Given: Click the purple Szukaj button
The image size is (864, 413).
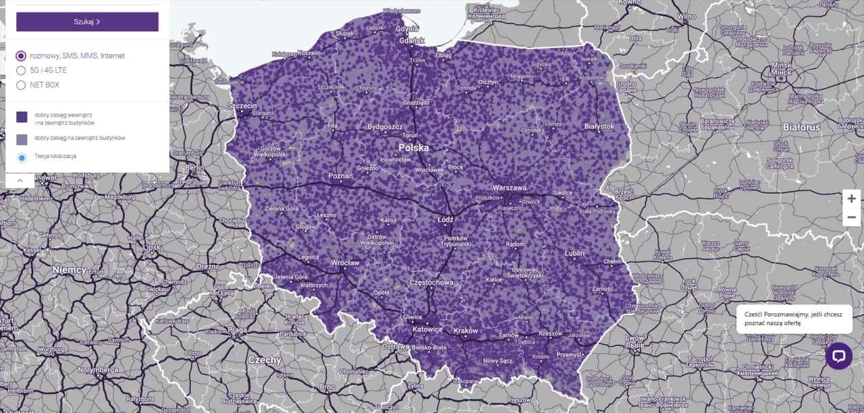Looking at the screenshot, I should click(x=87, y=22).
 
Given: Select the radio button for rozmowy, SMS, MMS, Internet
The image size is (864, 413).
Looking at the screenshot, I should click(x=21, y=56).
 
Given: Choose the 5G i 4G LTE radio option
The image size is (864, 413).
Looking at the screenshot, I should click(x=21, y=70).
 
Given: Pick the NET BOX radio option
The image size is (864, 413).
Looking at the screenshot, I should click(x=21, y=85).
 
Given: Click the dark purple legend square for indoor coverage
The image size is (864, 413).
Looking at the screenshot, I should click(x=22, y=117).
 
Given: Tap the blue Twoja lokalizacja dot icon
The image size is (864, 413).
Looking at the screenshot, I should click(x=22, y=157).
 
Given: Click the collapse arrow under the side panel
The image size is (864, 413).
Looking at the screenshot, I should click(x=20, y=180).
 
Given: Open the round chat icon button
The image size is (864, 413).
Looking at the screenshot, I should click(x=838, y=356).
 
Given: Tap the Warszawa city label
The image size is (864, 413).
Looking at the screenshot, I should click(x=510, y=188).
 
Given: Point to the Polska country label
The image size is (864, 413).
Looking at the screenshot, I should click(x=413, y=147).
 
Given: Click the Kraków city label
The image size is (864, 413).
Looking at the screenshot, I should click(x=465, y=331).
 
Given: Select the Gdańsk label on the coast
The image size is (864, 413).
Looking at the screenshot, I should click(x=411, y=40).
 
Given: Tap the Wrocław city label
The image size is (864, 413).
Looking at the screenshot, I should click(x=345, y=263).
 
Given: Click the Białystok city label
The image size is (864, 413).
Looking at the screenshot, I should click(x=599, y=126).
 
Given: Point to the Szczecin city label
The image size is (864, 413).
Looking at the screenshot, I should click(x=242, y=106).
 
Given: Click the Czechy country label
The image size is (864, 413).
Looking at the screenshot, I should click(x=264, y=360).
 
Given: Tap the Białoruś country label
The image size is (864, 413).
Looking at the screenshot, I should click(x=801, y=127).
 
